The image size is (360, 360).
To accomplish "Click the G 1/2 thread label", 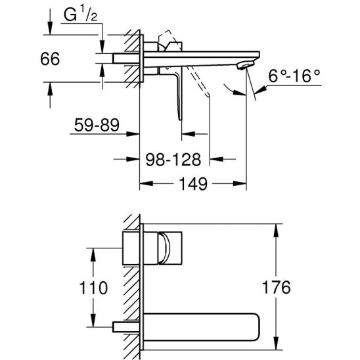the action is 80,15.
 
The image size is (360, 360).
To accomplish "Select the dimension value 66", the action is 50,58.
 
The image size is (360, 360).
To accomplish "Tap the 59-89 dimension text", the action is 97,125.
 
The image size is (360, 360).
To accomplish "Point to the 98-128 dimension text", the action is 173,160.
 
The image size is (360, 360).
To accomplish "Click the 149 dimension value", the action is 193,184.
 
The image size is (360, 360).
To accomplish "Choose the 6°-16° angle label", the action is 294,76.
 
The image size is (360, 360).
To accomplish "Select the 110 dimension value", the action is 93,288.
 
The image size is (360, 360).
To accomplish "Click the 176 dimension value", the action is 276,287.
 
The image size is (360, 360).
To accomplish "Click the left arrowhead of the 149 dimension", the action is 146,183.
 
